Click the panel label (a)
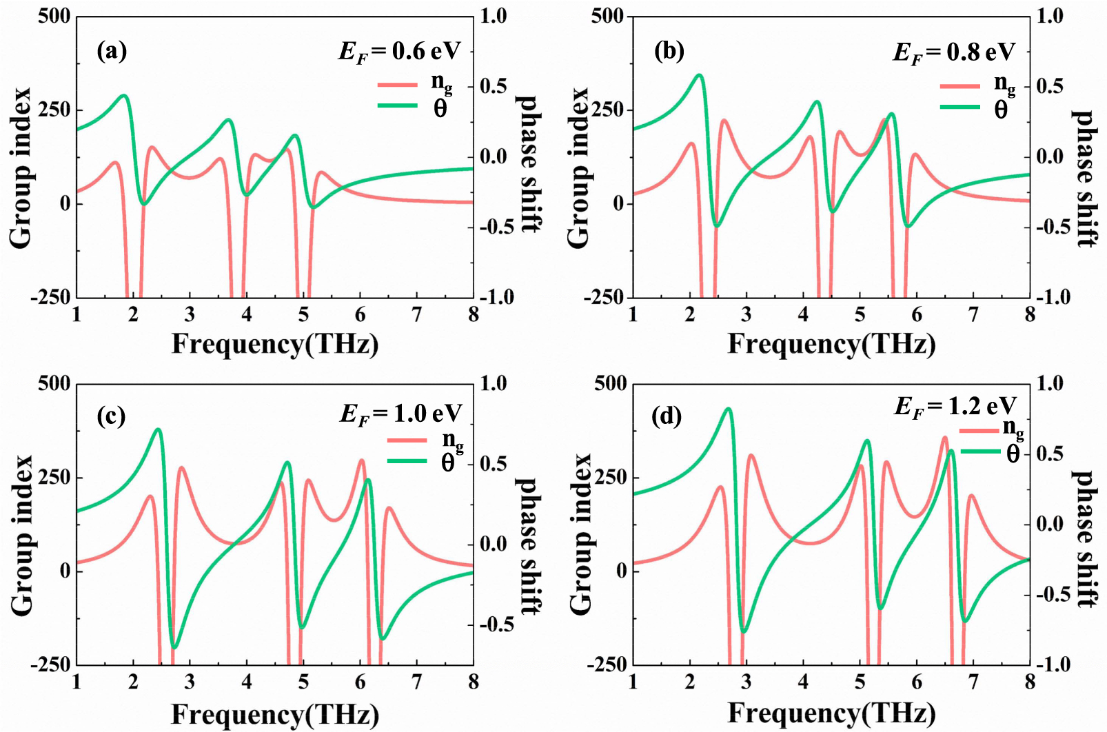112,52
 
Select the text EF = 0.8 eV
954,52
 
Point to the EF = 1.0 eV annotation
400,414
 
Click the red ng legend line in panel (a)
398,85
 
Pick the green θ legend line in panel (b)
959,107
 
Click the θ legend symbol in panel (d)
1013,453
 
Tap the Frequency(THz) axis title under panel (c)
275,714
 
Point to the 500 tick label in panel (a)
54,16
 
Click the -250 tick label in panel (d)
607,665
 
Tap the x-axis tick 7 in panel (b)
973,315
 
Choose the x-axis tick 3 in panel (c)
190,682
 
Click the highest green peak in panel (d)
729,409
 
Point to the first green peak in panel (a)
125,96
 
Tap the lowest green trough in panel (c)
174,647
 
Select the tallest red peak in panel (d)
944,437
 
